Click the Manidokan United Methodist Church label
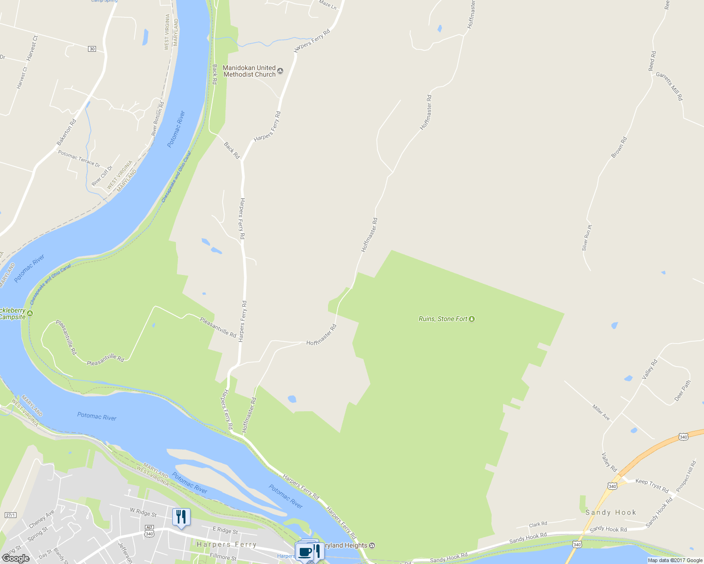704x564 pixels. pos(249,71)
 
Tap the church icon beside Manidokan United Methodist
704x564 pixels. pos(280,71)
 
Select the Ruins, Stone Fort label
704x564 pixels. pos(443,319)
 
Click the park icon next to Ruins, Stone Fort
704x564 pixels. pos(472,319)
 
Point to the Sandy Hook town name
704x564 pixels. pos(610,512)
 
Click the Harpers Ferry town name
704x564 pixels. pos(226,544)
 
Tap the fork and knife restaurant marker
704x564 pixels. pos(181,517)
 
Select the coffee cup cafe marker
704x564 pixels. pos(305,551)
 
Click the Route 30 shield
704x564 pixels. pos(92,49)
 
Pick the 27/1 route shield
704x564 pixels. pos(10,515)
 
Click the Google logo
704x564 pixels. pos(16,558)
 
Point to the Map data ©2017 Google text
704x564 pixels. pos(675,560)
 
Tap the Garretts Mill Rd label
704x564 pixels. pos(669,86)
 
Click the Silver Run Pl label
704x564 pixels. pos(586,238)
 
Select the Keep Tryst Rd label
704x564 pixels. pos(652,486)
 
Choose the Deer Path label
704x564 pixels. pos(682,391)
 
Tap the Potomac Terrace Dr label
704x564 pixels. pos(79,159)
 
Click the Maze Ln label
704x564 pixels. pos(328,5)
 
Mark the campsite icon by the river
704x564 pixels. pos(30,313)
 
